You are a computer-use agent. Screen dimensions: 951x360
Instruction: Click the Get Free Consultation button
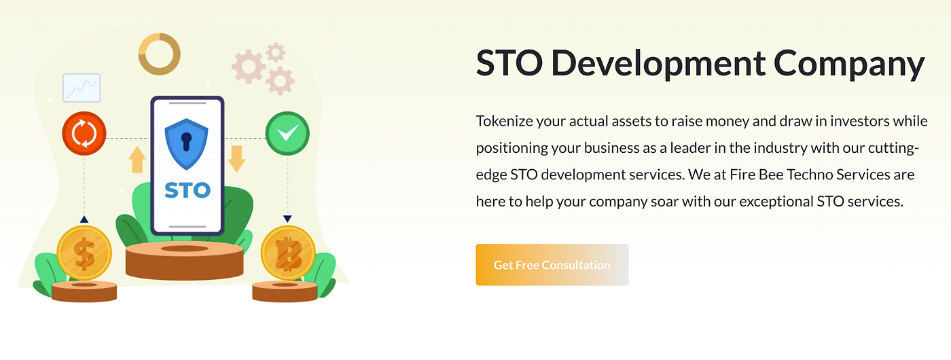[552, 264]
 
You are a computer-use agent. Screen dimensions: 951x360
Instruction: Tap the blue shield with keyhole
[186, 144]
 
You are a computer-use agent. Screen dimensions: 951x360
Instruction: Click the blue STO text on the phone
[187, 190]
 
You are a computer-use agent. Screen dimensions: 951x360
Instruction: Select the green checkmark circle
[287, 133]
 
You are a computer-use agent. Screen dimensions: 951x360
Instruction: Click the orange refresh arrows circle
[84, 133]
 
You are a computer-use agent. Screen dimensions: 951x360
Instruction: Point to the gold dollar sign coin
[84, 253]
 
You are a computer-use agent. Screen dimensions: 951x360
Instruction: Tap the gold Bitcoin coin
[288, 253]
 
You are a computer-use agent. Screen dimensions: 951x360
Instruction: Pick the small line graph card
[82, 88]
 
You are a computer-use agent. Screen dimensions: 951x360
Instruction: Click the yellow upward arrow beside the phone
[137, 160]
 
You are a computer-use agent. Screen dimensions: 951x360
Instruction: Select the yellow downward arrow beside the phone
[236, 159]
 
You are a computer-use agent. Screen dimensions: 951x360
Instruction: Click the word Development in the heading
[658, 64]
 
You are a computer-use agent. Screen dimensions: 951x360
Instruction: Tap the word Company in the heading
[849, 65]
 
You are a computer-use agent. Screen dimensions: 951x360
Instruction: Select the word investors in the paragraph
[860, 121]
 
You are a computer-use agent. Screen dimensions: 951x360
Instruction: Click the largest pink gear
[249, 67]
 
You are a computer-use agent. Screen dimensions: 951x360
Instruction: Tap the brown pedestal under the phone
[185, 260]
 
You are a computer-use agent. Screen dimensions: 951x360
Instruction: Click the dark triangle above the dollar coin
[84, 219]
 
